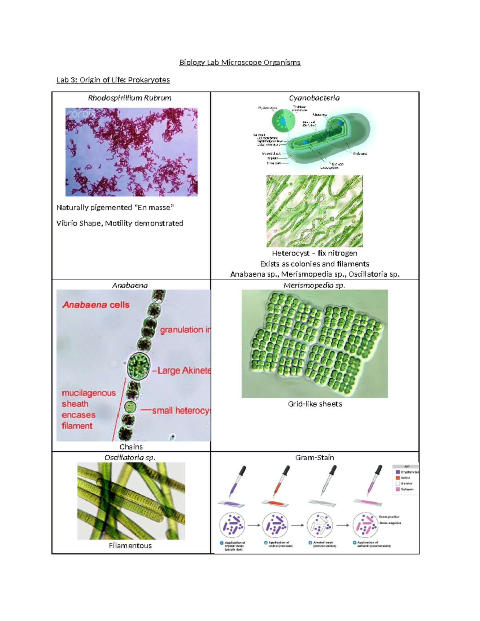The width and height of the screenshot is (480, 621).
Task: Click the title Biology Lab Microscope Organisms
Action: (x=240, y=62)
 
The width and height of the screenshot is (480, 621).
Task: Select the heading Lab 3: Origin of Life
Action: (x=113, y=80)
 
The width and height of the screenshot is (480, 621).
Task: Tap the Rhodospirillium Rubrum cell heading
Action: (x=130, y=98)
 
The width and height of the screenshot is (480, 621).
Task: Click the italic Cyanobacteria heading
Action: (x=314, y=98)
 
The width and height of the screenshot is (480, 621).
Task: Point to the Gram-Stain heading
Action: (x=314, y=457)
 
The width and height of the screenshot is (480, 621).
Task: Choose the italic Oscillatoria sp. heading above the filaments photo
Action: (x=130, y=457)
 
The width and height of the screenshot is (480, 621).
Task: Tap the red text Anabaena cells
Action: (x=96, y=305)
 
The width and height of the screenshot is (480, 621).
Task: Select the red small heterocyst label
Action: (x=181, y=410)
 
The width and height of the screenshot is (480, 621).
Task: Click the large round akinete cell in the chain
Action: (x=138, y=365)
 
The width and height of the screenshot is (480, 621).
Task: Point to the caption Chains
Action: (x=131, y=447)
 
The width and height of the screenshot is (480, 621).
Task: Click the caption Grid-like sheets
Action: (x=315, y=404)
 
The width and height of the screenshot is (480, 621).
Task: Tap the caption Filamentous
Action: (x=130, y=545)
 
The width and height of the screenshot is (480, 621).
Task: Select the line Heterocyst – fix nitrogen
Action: (x=314, y=253)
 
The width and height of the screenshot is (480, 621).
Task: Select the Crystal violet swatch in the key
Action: (x=398, y=472)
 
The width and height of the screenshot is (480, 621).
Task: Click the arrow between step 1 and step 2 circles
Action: (x=254, y=525)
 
